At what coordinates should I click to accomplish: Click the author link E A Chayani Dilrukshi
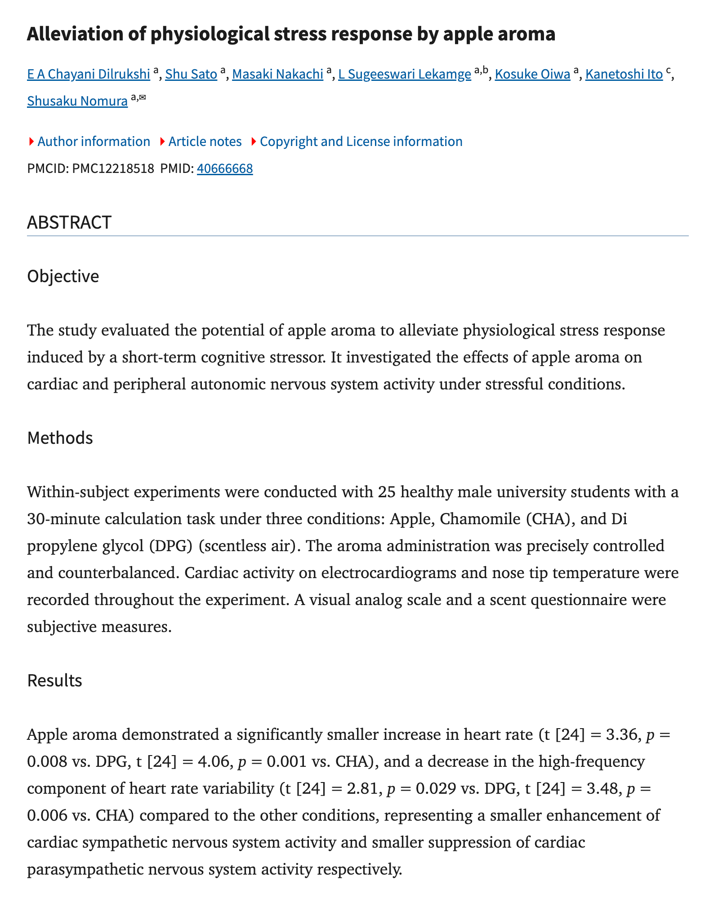pos(89,74)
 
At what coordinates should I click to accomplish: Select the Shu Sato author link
pos(191,74)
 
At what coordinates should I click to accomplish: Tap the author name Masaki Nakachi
pos(277,74)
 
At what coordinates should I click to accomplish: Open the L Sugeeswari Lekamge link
pos(404,74)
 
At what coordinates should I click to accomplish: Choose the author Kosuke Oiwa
pos(532,74)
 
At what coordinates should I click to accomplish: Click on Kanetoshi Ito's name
pos(624,74)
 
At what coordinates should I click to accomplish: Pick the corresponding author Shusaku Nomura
pos(77,101)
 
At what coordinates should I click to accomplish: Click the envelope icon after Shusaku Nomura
pos(143,97)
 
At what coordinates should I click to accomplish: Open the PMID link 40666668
pos(225,168)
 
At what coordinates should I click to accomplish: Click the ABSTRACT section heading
pos(69,222)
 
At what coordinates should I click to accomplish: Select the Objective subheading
pos(63,276)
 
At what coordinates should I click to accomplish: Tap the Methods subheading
pos(60,438)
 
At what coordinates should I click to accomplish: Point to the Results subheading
pos(54,681)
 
